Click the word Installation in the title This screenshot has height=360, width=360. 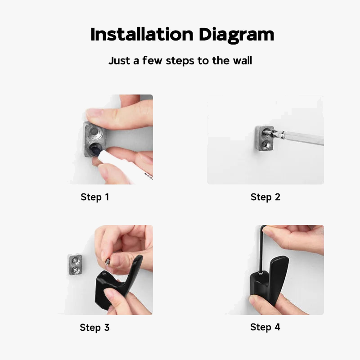(142, 35)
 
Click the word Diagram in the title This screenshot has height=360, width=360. (236, 35)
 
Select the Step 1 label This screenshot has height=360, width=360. (95, 197)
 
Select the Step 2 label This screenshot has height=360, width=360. (265, 197)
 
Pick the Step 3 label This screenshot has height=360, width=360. (94, 328)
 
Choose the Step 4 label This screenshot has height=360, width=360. (265, 327)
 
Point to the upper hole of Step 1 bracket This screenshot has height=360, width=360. (94, 132)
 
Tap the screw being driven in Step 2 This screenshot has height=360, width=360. (269, 132)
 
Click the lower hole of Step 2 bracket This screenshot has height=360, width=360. (265, 144)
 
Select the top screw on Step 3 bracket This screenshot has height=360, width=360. (75, 261)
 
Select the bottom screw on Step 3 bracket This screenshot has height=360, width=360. (75, 269)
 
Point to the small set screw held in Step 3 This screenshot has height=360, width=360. (108, 262)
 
